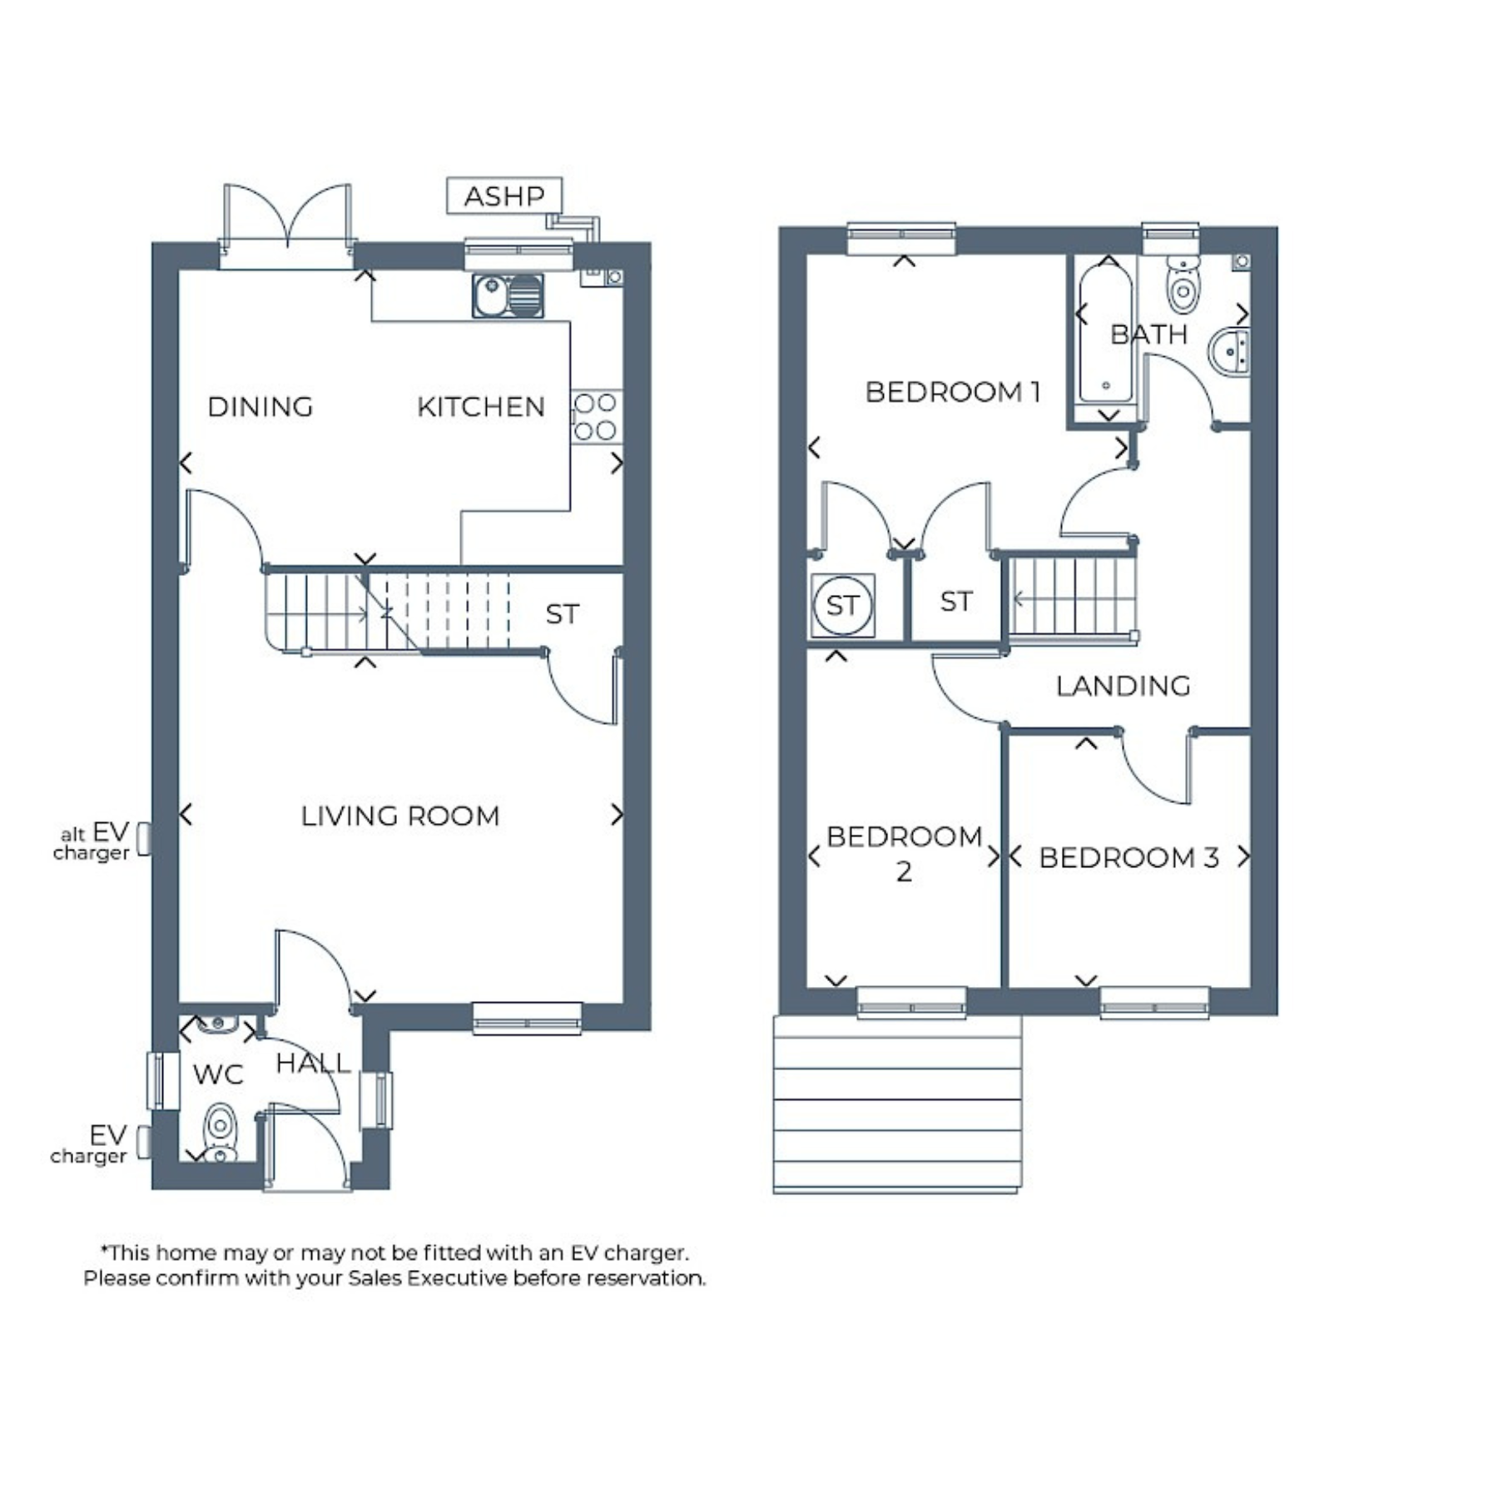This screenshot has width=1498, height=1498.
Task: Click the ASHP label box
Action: pos(504,196)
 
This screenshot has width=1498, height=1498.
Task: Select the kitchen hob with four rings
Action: pos(596,416)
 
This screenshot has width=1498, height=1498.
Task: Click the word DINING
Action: pos(260,407)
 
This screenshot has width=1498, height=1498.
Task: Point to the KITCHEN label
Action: pos(481,407)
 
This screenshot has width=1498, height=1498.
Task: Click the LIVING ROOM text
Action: pos(400,816)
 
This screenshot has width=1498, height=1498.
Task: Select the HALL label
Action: pos(313,1063)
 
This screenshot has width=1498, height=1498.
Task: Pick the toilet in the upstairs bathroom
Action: pos(1183,283)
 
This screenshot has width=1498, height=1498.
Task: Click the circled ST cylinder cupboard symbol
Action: pos(842,605)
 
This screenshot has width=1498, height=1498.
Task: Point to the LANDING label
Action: pos(1123,687)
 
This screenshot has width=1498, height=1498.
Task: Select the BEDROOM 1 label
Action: pos(953,392)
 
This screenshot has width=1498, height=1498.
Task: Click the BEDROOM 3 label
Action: pos(1129,857)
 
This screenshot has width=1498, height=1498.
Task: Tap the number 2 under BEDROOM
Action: pos(904,871)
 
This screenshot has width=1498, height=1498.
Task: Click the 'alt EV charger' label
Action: pos(92,841)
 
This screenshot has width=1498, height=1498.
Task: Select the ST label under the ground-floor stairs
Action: pos(562,615)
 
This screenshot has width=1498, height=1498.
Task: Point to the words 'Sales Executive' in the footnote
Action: pos(428,1278)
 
